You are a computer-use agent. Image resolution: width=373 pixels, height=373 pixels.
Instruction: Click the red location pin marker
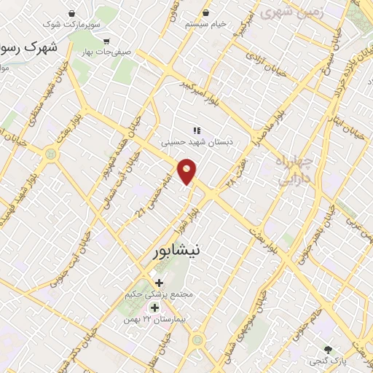[x=187, y=171]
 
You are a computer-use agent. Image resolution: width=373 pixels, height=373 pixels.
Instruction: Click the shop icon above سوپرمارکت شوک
[x=71, y=14]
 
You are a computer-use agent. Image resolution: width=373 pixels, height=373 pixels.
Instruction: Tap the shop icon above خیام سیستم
[x=205, y=13]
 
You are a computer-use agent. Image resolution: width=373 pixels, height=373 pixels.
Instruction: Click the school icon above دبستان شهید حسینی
[x=195, y=131]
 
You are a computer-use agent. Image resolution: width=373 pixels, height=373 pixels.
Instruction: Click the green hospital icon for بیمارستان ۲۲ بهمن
[x=154, y=307]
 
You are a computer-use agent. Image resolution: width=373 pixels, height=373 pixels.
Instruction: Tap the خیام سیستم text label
[x=205, y=24]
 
